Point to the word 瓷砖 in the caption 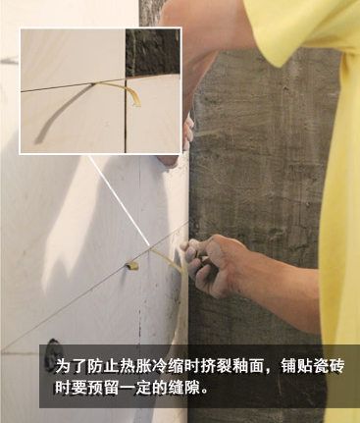pos(329,366)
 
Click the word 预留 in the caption pos(103,388)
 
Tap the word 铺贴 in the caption pos(296,366)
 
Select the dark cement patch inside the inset pos(153,52)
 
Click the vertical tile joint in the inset pos(126,116)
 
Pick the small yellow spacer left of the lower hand pos(132,265)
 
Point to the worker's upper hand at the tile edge pos(184,137)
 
